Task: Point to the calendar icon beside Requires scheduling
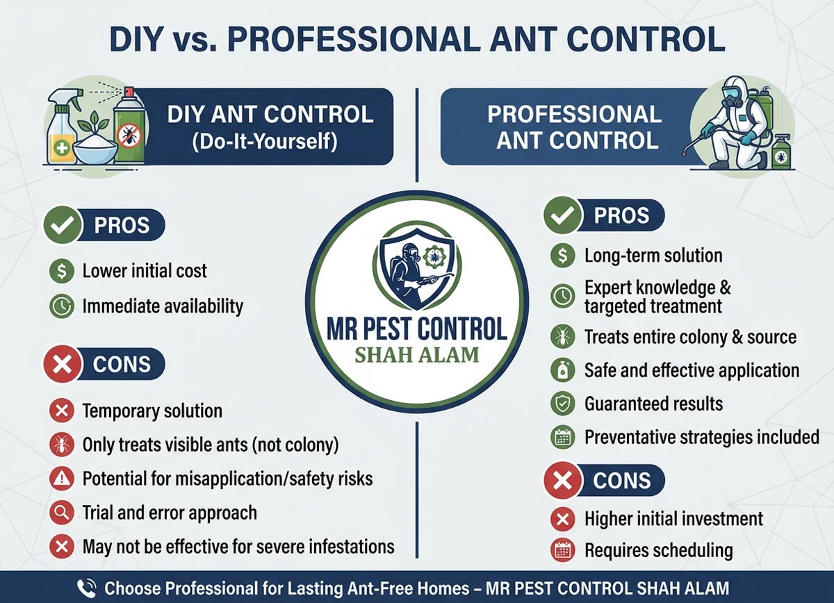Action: (x=562, y=551)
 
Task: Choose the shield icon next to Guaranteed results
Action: (x=562, y=404)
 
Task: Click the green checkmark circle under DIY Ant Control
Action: (x=62, y=226)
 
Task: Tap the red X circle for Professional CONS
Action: (x=562, y=481)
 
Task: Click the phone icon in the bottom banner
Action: (x=87, y=588)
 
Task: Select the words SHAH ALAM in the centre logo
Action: (x=417, y=354)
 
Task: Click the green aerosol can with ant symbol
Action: (x=128, y=129)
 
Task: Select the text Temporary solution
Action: (x=152, y=411)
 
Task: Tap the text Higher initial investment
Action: (x=673, y=518)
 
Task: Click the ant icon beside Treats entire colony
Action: (x=562, y=338)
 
